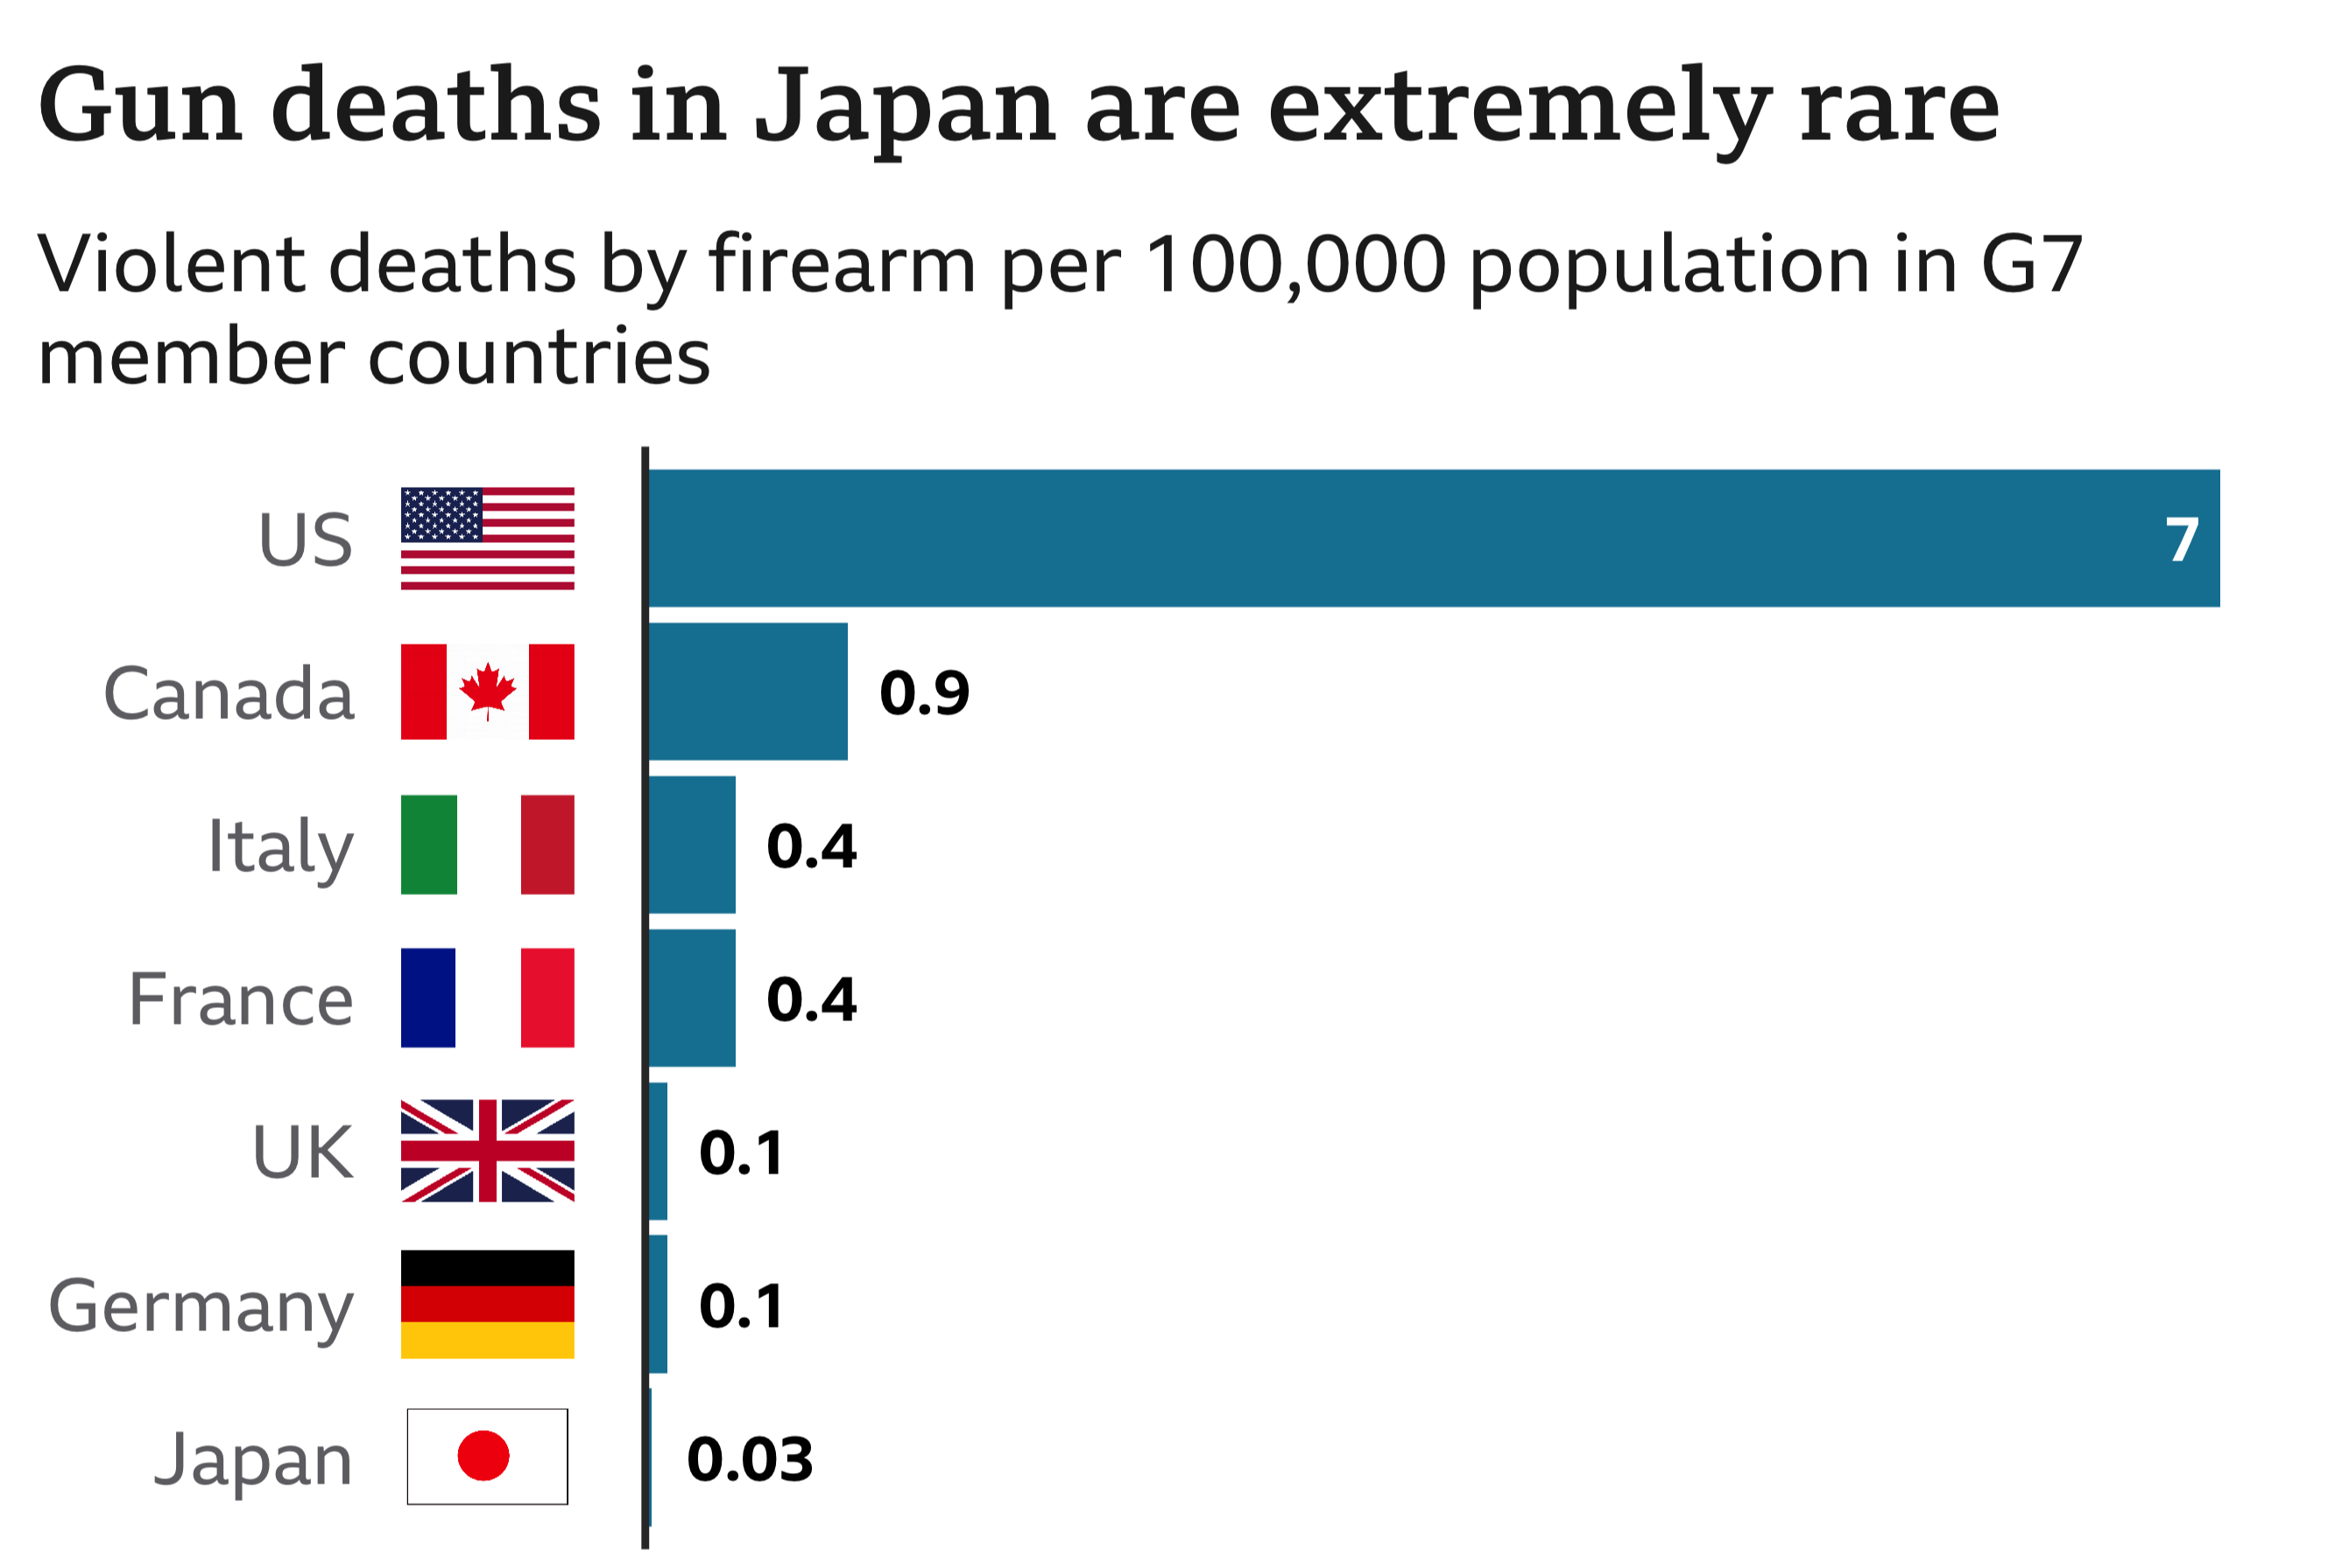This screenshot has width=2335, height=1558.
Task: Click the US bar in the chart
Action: coord(1431,538)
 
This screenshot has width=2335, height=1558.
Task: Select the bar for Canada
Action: coord(747,692)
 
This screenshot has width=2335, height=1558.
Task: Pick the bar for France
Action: coord(692,998)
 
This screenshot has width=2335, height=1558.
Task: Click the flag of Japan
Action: coord(487,1456)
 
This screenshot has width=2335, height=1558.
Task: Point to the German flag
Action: coord(487,1304)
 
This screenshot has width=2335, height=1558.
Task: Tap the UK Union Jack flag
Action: coord(487,1151)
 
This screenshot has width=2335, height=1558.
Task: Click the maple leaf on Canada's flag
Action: coord(487,689)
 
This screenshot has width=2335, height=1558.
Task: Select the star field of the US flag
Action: coord(441,514)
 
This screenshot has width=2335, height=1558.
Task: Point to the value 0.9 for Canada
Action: coord(924,693)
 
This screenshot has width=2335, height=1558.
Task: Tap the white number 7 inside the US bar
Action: coord(2182,540)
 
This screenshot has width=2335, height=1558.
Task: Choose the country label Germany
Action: coord(201,1308)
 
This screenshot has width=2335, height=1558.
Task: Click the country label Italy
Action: coord(280,847)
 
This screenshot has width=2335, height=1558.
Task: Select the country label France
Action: coord(241,999)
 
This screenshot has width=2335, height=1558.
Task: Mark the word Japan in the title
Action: coord(904,108)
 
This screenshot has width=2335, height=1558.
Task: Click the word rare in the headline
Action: coord(1899,108)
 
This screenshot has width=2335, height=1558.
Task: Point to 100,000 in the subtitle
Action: coord(1295,265)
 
